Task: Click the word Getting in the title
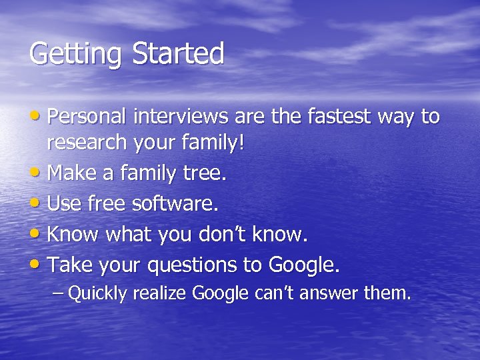(75, 54)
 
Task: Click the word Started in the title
(178, 54)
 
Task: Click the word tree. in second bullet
(204, 173)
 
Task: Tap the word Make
(72, 173)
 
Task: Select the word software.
(175, 204)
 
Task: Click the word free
(107, 204)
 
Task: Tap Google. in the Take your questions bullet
(304, 265)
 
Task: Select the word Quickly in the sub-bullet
(97, 293)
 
